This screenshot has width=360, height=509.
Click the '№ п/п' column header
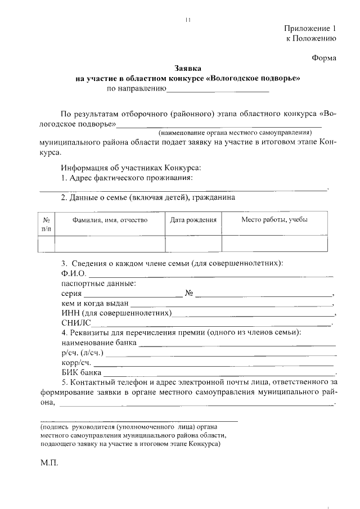pyautogui.click(x=46, y=224)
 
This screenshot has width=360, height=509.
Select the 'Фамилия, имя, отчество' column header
pyautogui.click(x=110, y=220)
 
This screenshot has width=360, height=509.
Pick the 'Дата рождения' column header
pyautogui.click(x=193, y=220)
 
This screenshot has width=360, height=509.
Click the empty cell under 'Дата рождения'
pyautogui.click(x=193, y=243)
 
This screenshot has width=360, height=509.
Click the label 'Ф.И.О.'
pyautogui.click(x=74, y=273)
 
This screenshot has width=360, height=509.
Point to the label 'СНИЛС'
pyautogui.click(x=75, y=323)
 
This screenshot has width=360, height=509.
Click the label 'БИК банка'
pyautogui.click(x=82, y=372)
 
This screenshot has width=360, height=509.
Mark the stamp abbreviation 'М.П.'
pyautogui.click(x=49, y=466)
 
